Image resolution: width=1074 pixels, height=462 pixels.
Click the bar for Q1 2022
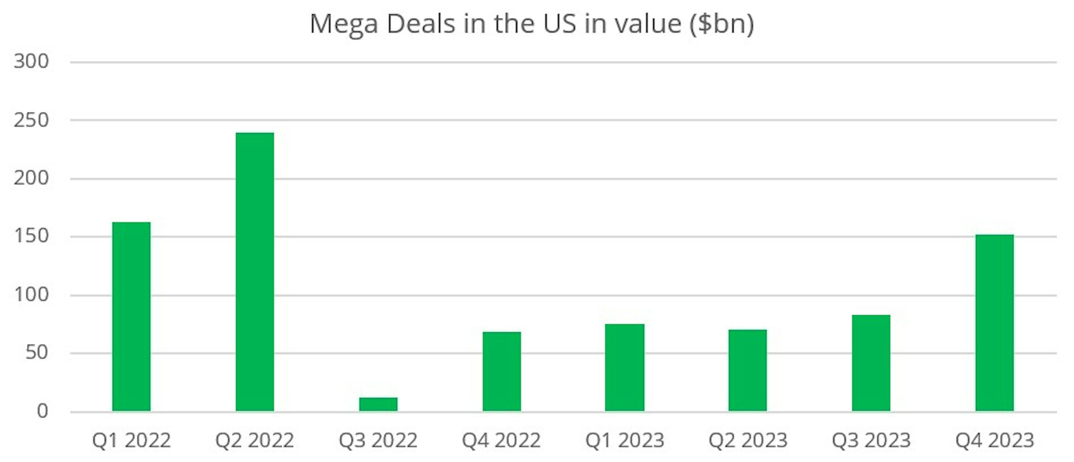[x=131, y=317]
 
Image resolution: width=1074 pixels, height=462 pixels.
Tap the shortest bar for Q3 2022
[x=378, y=404]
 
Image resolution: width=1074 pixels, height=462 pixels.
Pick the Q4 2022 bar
[x=501, y=371]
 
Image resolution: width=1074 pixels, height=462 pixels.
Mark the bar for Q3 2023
[x=871, y=363]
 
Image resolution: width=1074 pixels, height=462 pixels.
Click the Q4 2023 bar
[x=994, y=323]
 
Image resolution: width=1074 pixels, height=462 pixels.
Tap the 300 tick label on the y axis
[x=31, y=62]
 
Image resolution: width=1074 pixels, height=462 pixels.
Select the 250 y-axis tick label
[x=31, y=120]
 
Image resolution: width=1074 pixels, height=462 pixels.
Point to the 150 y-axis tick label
[x=31, y=236]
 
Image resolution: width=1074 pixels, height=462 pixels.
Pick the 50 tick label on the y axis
[x=37, y=353]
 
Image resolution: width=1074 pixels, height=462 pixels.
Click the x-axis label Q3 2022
[x=378, y=440]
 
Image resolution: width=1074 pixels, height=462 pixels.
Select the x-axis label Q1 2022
[x=131, y=440]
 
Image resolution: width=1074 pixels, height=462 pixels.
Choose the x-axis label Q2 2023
[x=748, y=440]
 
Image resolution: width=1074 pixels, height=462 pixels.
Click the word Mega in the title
[x=344, y=24]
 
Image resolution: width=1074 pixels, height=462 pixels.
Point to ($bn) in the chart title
[x=722, y=24]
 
